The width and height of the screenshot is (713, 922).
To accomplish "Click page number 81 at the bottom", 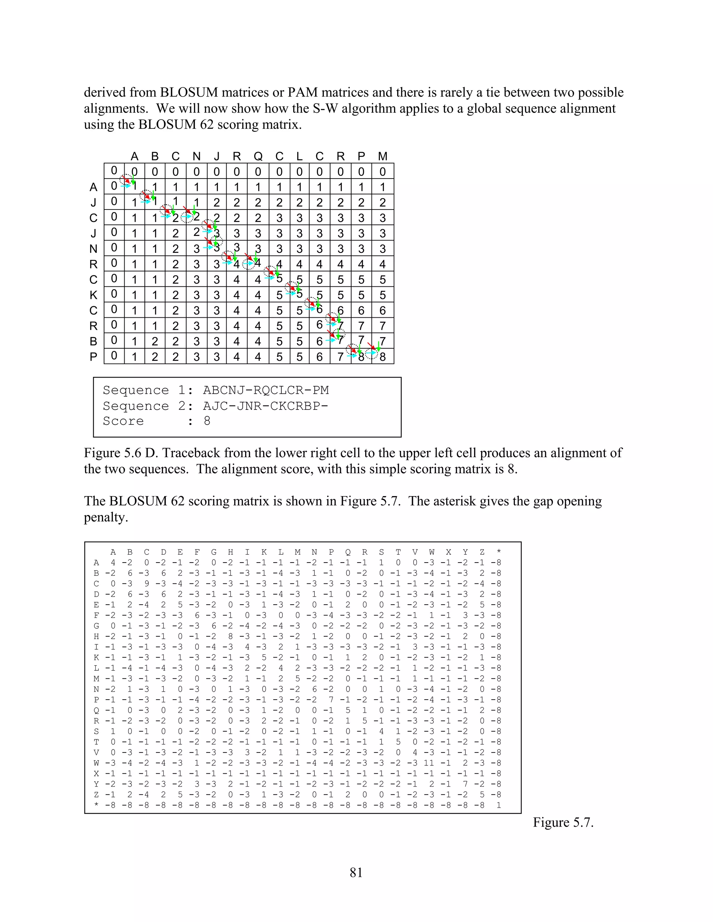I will (356, 872).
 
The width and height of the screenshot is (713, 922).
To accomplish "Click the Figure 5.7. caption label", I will (563, 822).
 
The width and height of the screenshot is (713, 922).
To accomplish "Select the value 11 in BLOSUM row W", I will (431, 763).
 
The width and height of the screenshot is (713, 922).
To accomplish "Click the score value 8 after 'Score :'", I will (207, 421).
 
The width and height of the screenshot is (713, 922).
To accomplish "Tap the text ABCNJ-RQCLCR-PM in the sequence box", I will (266, 390).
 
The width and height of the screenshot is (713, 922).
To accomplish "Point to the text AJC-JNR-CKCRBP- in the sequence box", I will (266, 406).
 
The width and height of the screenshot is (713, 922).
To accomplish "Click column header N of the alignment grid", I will (196, 157).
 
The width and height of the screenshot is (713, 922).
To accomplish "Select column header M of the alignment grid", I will (383, 157).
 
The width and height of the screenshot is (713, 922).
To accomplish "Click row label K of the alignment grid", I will (93, 295).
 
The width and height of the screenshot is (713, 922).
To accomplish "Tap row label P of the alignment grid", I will (93, 357).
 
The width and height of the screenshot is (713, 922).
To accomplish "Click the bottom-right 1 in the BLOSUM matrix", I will (499, 805).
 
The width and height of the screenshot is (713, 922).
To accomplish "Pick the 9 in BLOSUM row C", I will (147, 583).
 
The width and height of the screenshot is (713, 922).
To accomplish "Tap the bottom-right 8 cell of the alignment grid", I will (383, 357).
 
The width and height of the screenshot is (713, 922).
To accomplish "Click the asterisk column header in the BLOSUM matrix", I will (499, 552).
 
